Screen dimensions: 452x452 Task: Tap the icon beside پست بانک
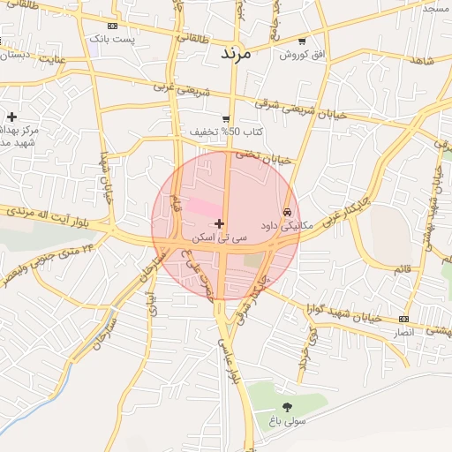tap(109, 26)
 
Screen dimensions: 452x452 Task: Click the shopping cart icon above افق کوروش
tap(303, 41)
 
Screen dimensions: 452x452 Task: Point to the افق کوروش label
tap(303, 55)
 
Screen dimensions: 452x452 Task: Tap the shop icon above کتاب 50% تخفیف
tap(227, 118)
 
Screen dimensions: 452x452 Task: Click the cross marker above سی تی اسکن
tap(219, 223)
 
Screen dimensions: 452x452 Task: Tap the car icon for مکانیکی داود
tap(287, 212)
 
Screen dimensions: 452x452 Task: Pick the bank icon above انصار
tap(403, 319)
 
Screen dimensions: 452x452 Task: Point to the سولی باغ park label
tap(287, 422)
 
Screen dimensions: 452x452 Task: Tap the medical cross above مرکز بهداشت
tap(11, 117)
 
